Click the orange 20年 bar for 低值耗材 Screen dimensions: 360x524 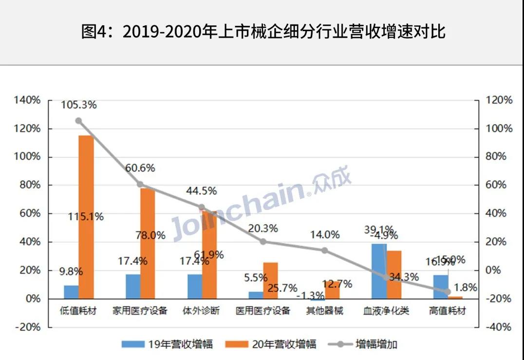[x=86, y=217]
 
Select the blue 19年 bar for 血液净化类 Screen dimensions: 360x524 [x=379, y=271]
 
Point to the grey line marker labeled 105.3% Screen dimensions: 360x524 [x=78, y=121]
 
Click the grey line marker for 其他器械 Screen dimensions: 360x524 [x=325, y=250]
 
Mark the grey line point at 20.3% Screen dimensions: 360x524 [x=263, y=242]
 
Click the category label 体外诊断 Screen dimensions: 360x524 [x=201, y=311]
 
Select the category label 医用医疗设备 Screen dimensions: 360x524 [x=262, y=311]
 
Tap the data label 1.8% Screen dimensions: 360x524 [x=466, y=287]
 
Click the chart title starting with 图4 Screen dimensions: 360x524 [x=263, y=32]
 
